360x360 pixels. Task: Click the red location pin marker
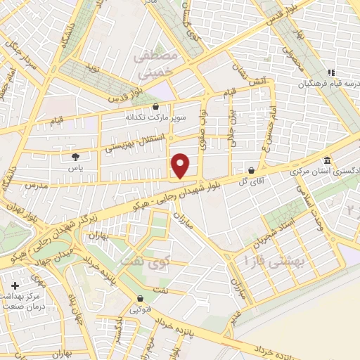181,165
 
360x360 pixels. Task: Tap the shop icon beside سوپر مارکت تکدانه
155,106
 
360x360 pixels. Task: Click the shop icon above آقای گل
251,170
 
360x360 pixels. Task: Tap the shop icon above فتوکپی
141,297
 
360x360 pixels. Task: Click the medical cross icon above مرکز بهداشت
15,286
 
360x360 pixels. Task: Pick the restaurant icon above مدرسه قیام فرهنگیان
330,73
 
